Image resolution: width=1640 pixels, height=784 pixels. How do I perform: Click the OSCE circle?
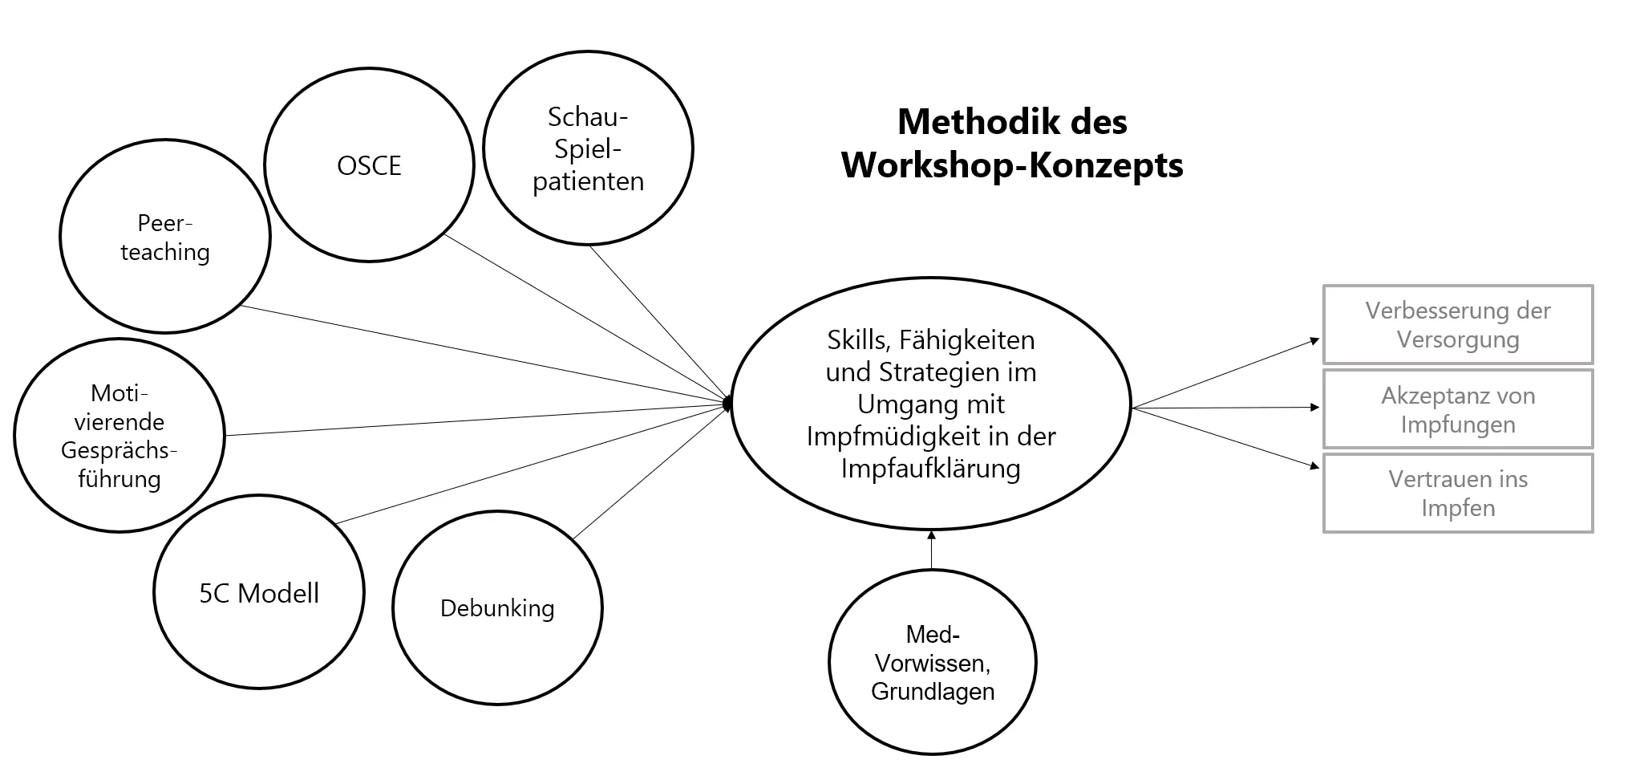[369, 165]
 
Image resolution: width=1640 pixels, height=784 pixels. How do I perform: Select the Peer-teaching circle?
[165, 237]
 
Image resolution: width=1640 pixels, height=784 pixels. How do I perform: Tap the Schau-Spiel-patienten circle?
[588, 148]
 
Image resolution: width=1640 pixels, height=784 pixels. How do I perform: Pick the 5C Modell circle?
[258, 594]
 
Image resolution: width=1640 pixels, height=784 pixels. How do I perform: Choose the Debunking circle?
[497, 608]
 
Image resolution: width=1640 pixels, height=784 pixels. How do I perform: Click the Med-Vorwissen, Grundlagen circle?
[932, 663]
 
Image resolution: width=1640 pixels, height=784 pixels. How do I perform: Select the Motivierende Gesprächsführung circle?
[119, 436]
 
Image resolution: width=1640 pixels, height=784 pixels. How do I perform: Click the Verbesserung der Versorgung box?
[1457, 324]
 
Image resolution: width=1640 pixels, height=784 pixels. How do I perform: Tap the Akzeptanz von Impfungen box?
[1457, 409]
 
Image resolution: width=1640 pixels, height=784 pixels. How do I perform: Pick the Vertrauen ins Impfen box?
[1457, 494]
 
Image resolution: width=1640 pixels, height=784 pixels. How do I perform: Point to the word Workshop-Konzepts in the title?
[1012, 165]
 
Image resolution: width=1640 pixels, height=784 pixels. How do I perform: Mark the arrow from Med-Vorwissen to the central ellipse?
[931, 550]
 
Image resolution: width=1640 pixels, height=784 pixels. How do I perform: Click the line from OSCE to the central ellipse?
[585, 318]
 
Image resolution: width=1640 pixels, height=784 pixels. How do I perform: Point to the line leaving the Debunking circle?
[650, 473]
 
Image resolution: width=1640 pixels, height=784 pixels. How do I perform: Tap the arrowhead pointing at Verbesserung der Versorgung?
[1314, 341]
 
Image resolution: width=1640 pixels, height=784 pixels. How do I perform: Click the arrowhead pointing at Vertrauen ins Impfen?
[1314, 465]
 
